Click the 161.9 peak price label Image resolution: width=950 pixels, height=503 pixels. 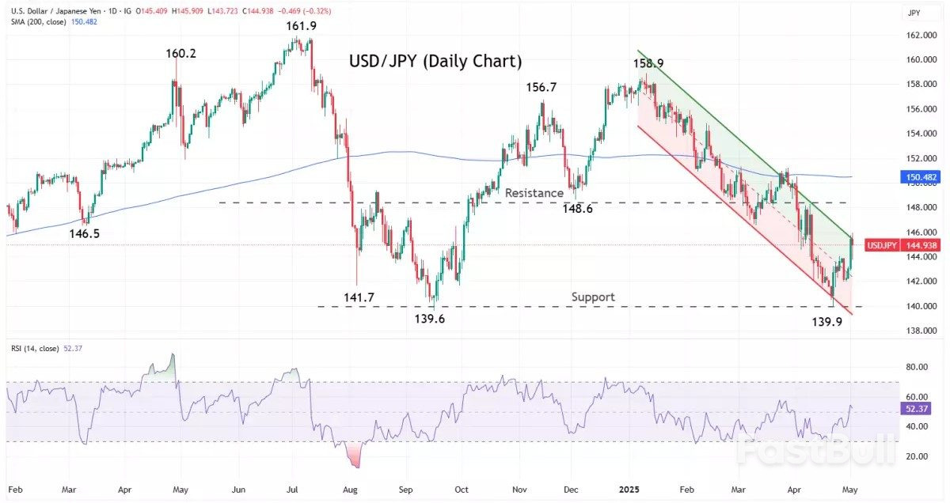tap(301, 27)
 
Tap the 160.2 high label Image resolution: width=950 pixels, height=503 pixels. tap(180, 54)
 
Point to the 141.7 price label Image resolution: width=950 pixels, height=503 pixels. tap(359, 297)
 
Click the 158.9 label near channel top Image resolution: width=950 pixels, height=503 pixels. tap(648, 62)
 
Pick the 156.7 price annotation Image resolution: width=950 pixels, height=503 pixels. tap(541, 87)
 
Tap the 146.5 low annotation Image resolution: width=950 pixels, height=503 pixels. tap(84, 234)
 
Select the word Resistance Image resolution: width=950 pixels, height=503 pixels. tap(534, 192)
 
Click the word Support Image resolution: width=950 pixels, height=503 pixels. tap(593, 297)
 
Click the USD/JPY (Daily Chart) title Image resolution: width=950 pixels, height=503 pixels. tap(435, 61)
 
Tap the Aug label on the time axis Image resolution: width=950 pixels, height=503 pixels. tap(350, 489)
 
